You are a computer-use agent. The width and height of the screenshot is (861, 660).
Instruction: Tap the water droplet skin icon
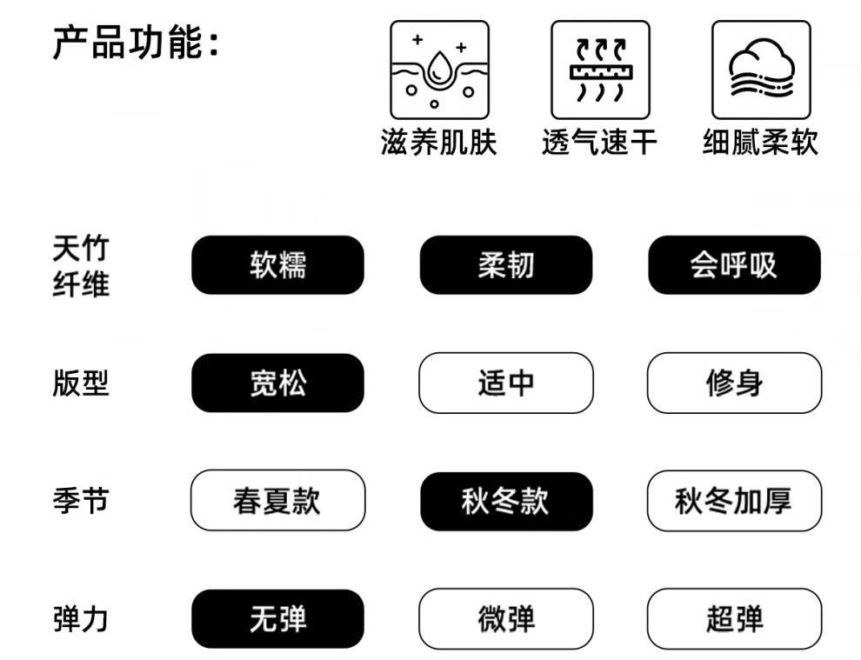(438, 70)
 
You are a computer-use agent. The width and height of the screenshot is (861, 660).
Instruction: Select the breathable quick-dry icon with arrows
(599, 70)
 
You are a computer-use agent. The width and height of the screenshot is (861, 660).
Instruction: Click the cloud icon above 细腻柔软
(760, 70)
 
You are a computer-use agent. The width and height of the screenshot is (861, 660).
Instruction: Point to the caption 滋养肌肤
(438, 143)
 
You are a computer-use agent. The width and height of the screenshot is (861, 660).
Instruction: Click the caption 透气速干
(599, 143)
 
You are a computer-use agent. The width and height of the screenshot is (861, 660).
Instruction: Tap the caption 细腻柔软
(760, 143)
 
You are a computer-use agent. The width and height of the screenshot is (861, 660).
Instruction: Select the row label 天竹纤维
(81, 266)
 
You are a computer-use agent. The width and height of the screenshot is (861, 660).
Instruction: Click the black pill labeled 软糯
(277, 265)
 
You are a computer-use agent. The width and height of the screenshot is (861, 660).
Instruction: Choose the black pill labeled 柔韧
(506, 265)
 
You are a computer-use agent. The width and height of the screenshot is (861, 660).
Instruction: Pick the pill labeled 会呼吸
(734, 265)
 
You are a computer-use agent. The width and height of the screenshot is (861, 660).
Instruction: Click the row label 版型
(81, 383)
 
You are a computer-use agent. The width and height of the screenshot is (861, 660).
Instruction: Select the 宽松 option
(277, 383)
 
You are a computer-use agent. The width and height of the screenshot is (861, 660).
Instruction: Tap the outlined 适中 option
(506, 383)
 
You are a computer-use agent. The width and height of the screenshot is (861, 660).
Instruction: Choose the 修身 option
(734, 383)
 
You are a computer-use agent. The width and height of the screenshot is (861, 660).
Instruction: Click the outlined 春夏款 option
(277, 501)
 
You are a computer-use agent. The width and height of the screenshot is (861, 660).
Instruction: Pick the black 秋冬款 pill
(506, 502)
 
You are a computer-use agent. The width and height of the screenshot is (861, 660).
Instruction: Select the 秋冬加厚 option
(734, 501)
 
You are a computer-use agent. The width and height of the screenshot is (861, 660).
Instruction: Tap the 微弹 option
(506, 619)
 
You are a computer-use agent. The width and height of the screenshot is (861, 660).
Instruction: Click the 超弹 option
(734, 619)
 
